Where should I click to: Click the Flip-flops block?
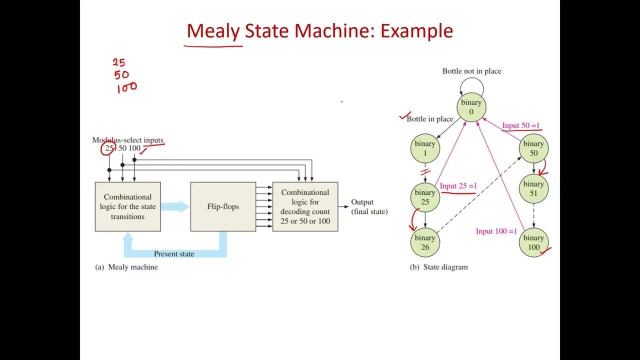point(223,206)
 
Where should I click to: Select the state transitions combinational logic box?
point(128,206)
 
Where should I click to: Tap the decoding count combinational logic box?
point(305,206)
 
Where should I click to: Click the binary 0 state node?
point(471,107)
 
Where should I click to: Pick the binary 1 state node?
point(425,148)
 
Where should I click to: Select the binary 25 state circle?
point(425,197)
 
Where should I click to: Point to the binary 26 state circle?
point(425,242)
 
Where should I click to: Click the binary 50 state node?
point(533,148)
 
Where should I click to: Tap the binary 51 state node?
point(533,188)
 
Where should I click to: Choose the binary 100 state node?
point(533,242)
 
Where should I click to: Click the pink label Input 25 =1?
point(458,186)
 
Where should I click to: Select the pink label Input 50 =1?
point(521,125)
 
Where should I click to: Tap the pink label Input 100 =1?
point(496,231)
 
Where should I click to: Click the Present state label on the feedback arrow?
point(174,253)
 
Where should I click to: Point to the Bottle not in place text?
point(471,71)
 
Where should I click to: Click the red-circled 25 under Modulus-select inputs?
point(108,148)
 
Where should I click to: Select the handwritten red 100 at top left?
point(126,88)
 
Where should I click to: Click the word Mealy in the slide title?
point(213,31)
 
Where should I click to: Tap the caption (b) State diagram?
point(439,267)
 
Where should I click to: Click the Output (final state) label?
point(369,206)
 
